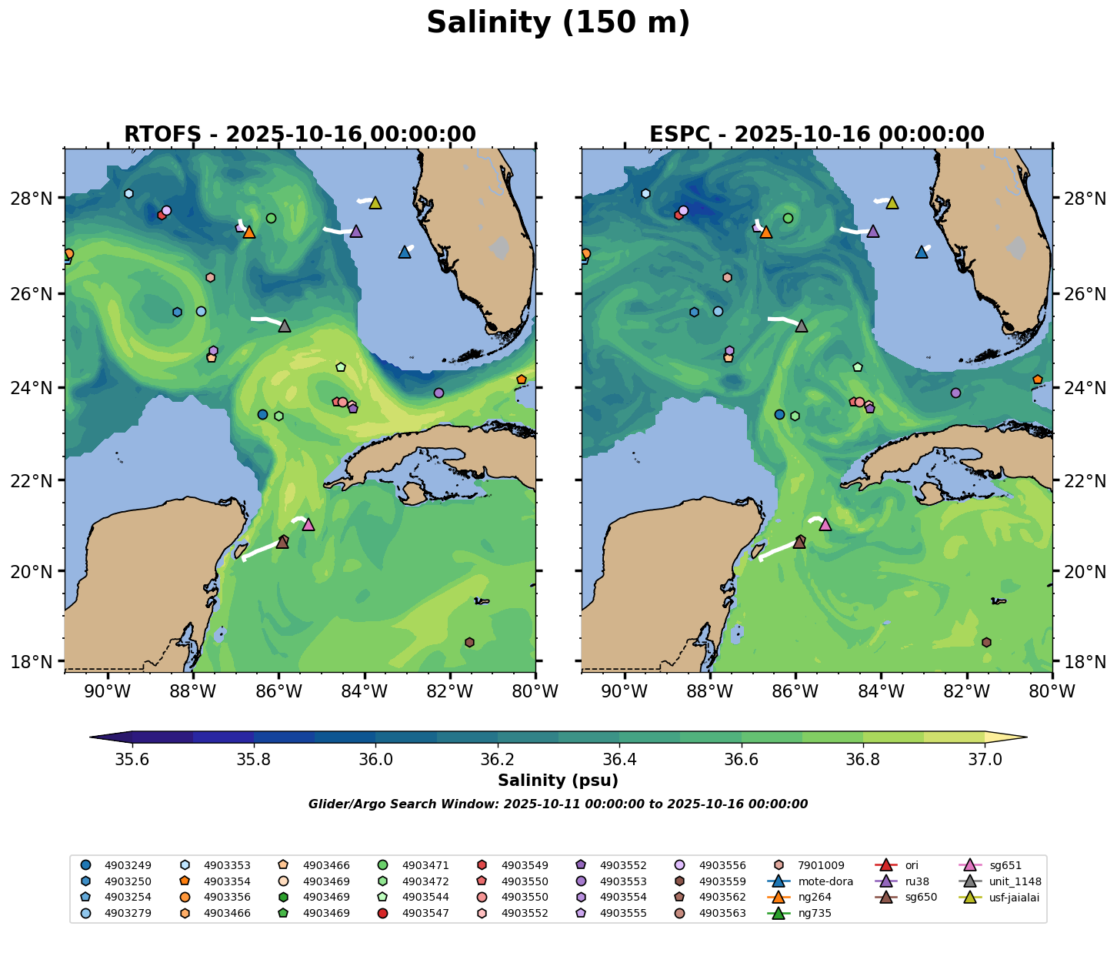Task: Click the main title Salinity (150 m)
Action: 558,23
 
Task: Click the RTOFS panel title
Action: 300,135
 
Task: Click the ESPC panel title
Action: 817,135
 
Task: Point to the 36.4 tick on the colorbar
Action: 619,759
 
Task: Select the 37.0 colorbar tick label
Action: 984,759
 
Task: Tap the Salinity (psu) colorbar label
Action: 558,781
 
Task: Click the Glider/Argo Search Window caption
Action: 558,804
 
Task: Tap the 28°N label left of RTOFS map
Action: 37,199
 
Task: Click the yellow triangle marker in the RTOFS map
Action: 375,202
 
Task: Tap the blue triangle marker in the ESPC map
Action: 922,252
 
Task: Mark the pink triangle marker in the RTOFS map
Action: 308,524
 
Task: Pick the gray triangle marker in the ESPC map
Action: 802,326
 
